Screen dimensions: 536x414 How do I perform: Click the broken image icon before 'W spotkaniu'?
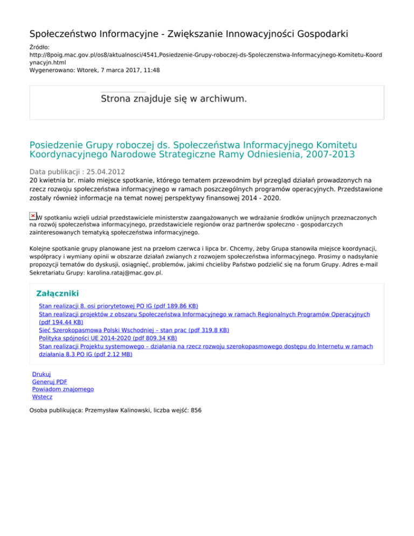33,216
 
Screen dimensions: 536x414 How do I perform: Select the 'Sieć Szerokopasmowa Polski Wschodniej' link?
134,329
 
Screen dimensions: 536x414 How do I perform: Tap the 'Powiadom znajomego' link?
63,389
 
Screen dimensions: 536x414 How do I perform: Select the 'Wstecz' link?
42,397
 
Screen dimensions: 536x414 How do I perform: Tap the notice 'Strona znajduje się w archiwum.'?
174,99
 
